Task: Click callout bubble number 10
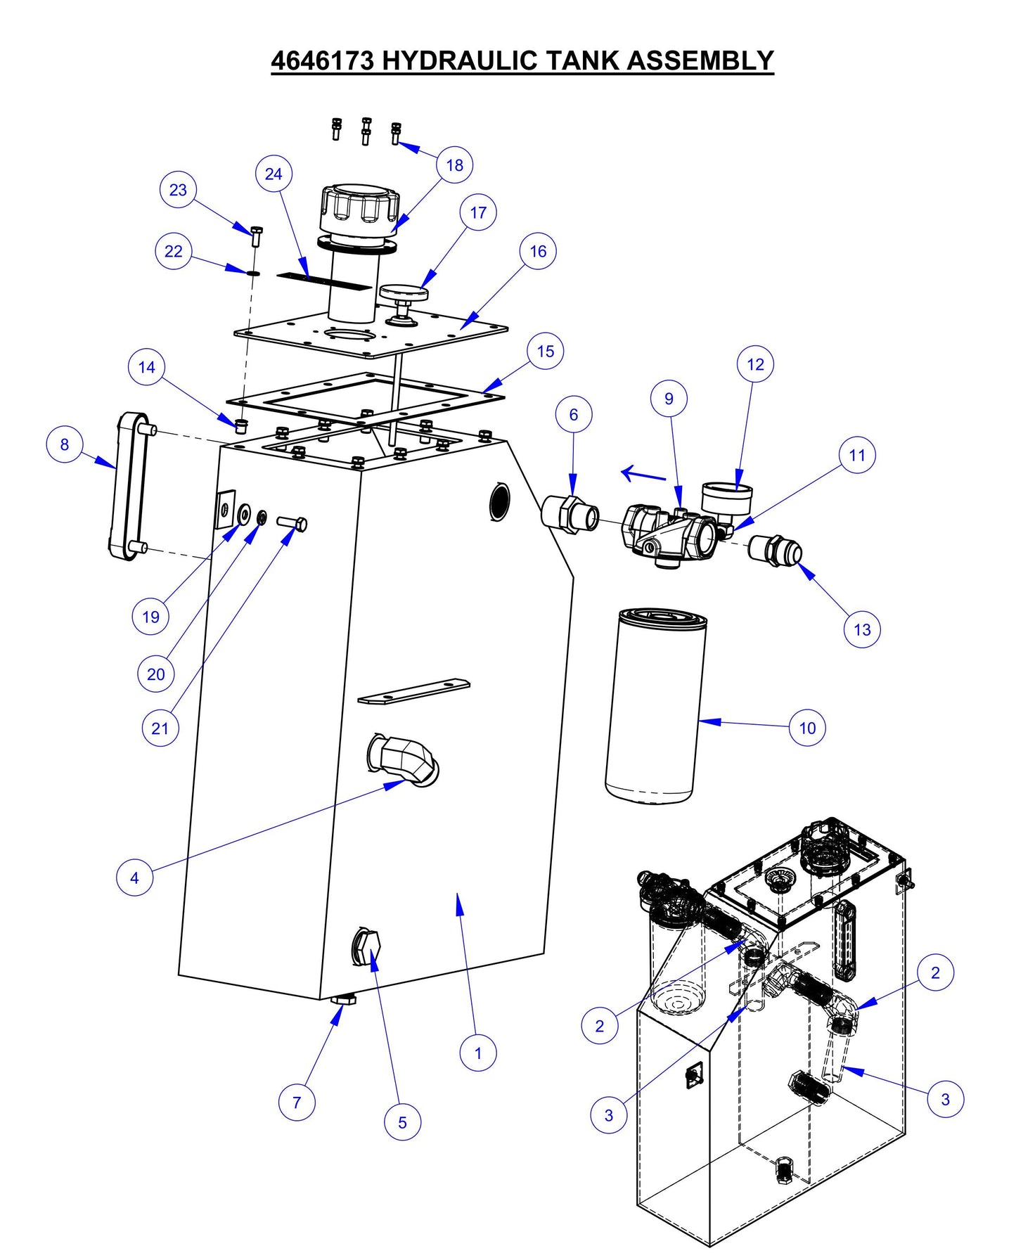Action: (807, 728)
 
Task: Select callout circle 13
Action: (862, 629)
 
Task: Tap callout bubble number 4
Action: (134, 877)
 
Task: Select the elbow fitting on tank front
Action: (404, 759)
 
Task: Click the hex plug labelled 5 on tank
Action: (366, 947)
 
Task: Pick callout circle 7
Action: (297, 1102)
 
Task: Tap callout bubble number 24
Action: (274, 174)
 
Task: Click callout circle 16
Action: (538, 251)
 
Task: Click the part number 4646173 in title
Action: (323, 60)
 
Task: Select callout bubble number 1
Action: (478, 1053)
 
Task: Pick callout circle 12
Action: (755, 364)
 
